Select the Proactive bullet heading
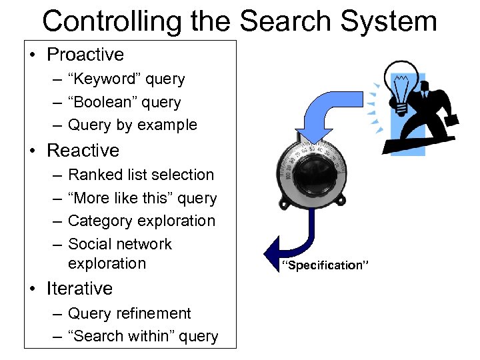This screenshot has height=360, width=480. (x=85, y=55)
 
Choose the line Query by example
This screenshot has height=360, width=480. (x=132, y=125)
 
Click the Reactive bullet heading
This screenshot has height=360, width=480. (x=83, y=151)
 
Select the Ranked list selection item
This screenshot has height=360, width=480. (x=141, y=175)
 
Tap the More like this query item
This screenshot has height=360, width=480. (x=142, y=198)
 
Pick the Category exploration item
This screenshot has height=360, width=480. (x=141, y=221)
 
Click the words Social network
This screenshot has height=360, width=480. (x=120, y=244)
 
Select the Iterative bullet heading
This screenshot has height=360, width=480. (x=79, y=289)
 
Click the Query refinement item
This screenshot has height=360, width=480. (x=129, y=313)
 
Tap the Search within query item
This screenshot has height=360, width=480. (x=143, y=336)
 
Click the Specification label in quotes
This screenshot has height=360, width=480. (x=323, y=265)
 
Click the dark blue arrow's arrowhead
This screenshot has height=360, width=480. (x=272, y=252)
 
